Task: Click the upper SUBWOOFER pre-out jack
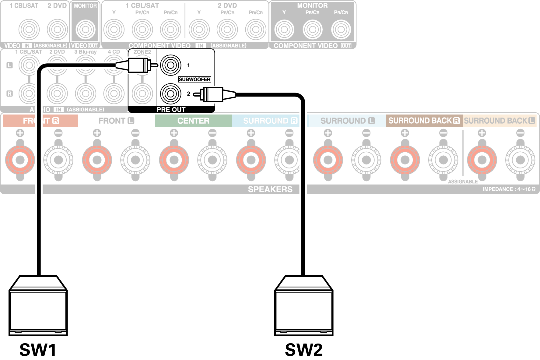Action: (171, 65)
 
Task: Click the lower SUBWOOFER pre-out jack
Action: (171, 94)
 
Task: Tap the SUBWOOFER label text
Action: (195, 79)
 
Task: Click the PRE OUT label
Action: (171, 110)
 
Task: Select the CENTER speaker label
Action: (193, 121)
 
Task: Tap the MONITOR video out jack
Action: (85, 30)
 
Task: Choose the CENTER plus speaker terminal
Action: (174, 160)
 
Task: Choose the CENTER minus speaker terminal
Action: (212, 160)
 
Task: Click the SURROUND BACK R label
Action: (424, 121)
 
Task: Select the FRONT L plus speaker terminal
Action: (97, 160)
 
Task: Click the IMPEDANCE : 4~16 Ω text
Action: (509, 189)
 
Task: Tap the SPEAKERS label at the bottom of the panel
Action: (270, 189)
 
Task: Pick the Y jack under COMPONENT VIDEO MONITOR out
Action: (284, 30)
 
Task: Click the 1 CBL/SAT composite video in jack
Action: (29, 30)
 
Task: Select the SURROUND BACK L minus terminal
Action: (520, 160)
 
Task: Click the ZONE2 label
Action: (142, 52)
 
